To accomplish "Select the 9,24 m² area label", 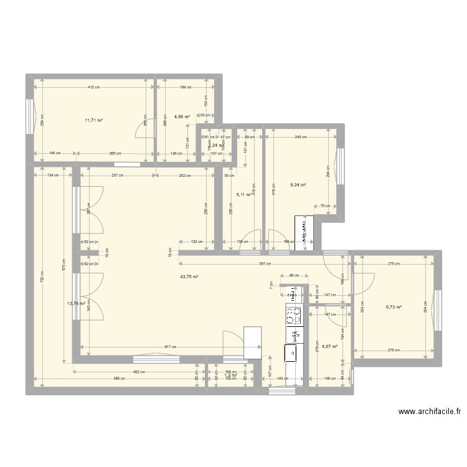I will tap(299, 184).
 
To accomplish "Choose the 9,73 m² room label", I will tap(394, 306).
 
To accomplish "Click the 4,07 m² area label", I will tap(329, 347).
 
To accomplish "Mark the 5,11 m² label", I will tap(243, 194).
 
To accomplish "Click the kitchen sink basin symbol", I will tap(291, 353).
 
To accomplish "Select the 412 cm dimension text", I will tap(93, 87).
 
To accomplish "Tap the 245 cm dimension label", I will tap(302, 138).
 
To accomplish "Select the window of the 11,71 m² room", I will tap(30, 116).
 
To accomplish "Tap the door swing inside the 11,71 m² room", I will tap(143, 131).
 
